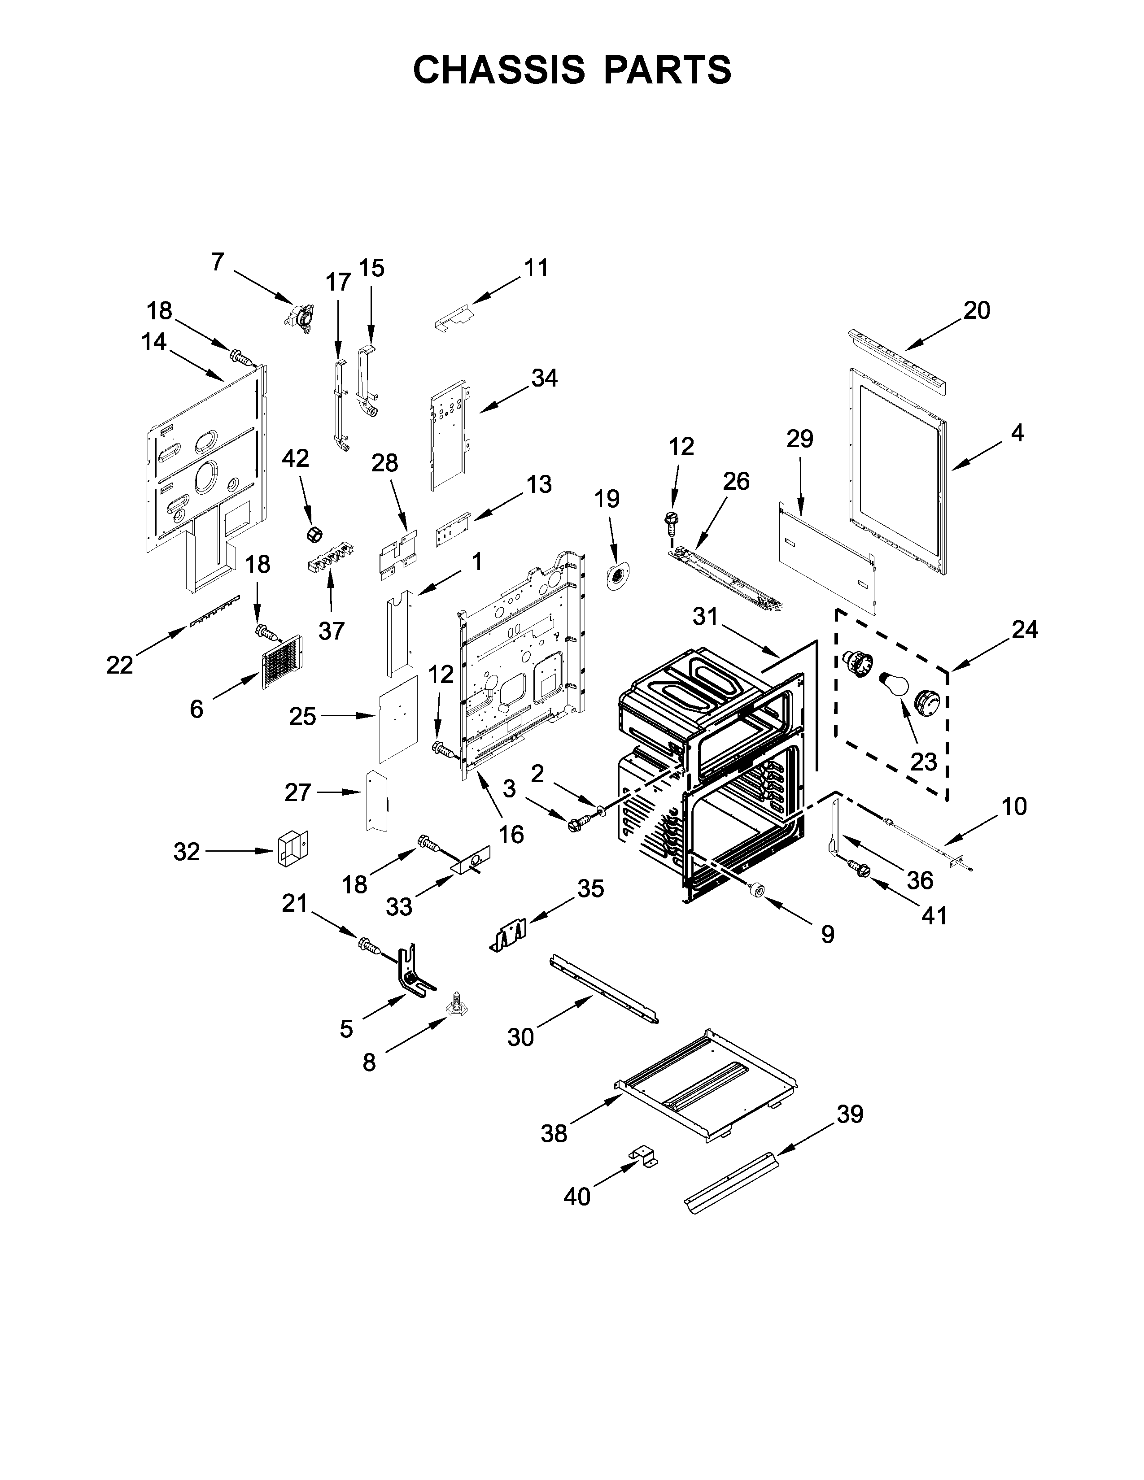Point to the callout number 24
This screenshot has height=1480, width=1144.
1024,630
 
